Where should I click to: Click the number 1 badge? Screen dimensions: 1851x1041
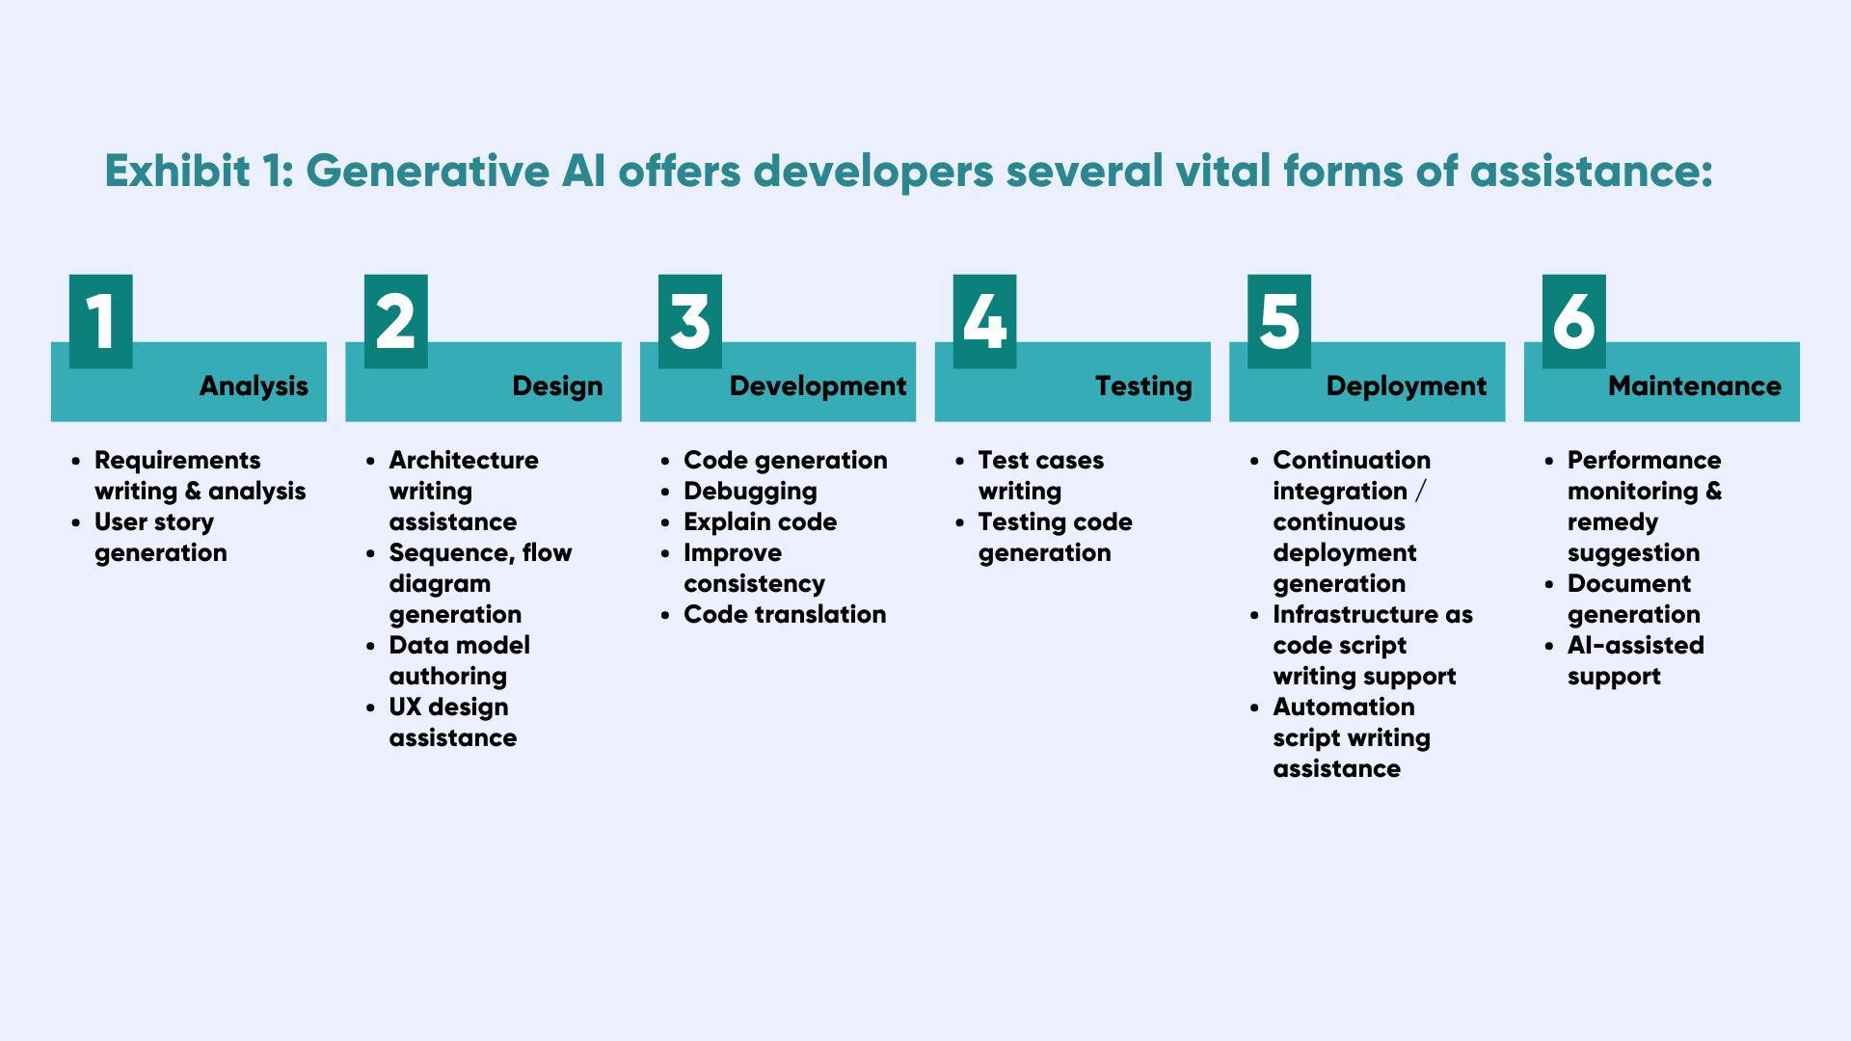pos(101,321)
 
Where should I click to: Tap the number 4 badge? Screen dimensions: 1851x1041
pos(984,321)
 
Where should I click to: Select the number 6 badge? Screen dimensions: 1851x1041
pos(1573,321)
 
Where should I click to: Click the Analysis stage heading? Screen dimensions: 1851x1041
pos(254,387)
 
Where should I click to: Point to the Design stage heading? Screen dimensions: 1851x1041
pos(557,387)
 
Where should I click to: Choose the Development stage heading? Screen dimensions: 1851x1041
pos(818,387)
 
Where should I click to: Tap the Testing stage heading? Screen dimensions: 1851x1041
pos(1143,387)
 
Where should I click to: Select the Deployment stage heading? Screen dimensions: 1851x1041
pos(1407,387)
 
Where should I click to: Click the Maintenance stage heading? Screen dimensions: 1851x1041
pos(1695,386)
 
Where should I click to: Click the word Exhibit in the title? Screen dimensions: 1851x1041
pos(178,172)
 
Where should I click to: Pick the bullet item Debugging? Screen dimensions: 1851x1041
pos(750,492)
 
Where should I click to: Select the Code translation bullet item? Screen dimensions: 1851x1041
pos(785,614)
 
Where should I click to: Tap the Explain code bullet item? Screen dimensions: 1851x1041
pos(760,522)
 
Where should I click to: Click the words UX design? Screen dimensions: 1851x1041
pos(448,707)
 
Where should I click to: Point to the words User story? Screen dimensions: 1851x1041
pos(153,522)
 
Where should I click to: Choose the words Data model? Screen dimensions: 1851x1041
pos(459,645)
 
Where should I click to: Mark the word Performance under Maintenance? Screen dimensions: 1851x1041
pos(1644,460)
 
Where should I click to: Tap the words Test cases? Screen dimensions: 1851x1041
pos(1040,460)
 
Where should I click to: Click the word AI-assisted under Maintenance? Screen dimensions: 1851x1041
pos(1635,645)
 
